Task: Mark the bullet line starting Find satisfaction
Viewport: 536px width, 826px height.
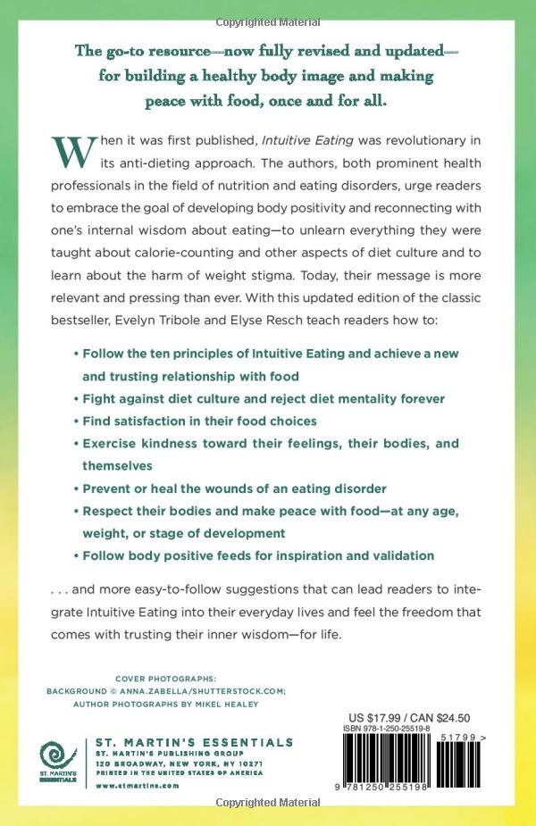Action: click(x=200, y=420)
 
